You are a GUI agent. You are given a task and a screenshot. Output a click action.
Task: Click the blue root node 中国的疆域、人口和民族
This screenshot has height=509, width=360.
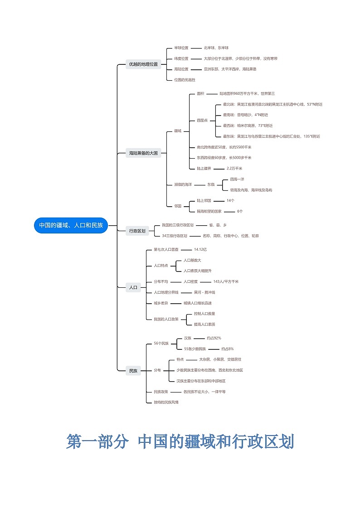(71, 225)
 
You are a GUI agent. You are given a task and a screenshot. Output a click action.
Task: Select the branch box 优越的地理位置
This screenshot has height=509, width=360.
(143, 64)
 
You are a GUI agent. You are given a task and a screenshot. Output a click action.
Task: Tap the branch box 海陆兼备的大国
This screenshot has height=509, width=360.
(143, 153)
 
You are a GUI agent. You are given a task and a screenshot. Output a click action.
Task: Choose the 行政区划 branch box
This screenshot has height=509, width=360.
(137, 231)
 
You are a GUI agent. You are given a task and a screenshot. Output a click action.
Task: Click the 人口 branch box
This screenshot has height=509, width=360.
(133, 287)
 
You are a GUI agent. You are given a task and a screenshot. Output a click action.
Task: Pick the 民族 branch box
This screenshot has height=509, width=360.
(133, 371)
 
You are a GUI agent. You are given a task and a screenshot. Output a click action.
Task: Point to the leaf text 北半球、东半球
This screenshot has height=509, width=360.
(216, 48)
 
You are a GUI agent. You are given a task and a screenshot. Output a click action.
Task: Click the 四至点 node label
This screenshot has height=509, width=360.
(202, 120)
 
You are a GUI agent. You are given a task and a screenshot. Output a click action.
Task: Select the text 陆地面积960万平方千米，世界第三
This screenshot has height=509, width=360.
(247, 93)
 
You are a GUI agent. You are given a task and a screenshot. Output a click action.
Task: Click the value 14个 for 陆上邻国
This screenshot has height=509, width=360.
(230, 200)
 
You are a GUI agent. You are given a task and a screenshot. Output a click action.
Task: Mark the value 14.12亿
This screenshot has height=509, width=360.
(200, 249)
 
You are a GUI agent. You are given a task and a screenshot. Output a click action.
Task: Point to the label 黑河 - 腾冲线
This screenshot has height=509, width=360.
(204, 292)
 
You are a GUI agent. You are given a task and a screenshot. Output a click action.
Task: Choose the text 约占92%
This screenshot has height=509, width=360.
(214, 338)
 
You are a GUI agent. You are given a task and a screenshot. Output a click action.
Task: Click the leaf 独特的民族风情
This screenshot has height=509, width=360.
(166, 402)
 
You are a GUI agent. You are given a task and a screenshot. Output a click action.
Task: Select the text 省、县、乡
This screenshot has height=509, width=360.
(218, 225)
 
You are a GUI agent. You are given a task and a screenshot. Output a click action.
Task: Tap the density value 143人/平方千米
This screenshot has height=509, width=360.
(226, 281)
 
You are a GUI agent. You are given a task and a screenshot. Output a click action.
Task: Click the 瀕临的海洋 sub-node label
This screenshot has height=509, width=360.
(183, 184)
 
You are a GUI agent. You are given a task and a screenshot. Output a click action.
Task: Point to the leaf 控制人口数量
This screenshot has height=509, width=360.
(204, 314)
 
